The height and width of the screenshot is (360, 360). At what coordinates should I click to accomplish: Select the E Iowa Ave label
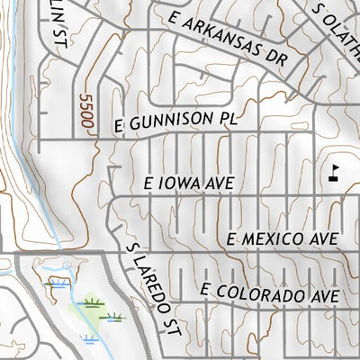point(189,183)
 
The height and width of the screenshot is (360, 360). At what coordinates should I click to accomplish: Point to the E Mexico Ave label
point(282,239)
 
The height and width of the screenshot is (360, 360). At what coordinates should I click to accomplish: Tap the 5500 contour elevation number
point(86,113)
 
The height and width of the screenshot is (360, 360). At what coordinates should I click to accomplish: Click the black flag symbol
point(335,171)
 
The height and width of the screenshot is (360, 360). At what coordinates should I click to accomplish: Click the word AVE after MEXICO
point(323,239)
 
